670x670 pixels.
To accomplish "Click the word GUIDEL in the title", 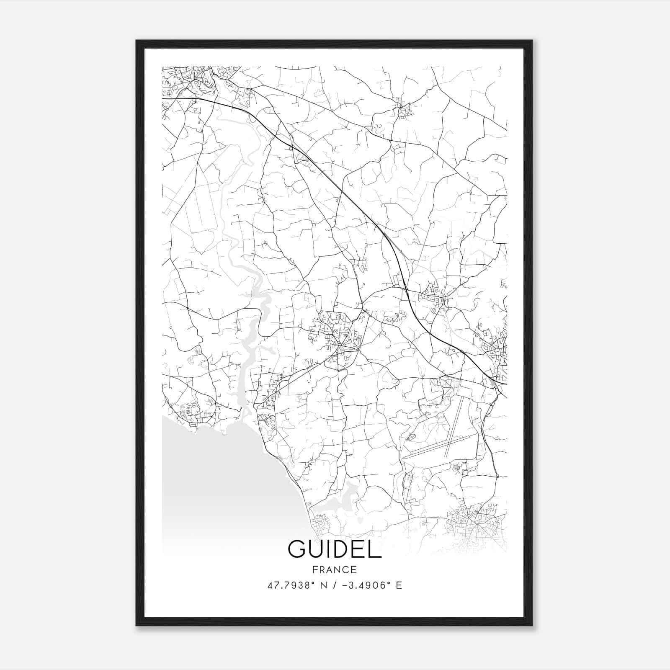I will [x=335, y=549].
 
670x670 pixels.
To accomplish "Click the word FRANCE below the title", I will [x=334, y=569].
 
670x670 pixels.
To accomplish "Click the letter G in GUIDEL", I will [x=297, y=549].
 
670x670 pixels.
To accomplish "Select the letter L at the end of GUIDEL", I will [x=375, y=549].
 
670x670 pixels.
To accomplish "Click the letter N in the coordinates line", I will [x=323, y=585].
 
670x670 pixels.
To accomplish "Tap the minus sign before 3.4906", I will [x=344, y=585].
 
